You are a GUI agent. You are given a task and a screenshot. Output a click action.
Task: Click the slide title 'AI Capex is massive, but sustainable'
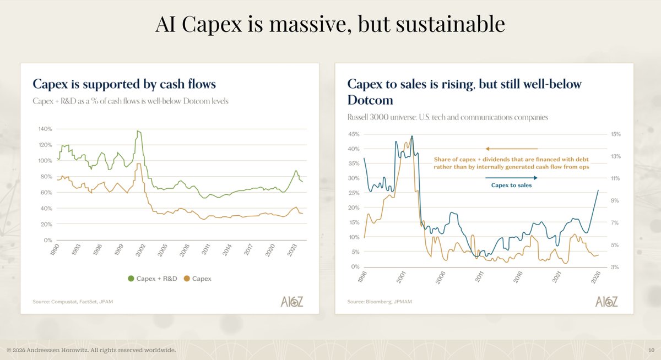[x=330, y=24]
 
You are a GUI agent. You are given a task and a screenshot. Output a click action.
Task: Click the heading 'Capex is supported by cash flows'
[x=124, y=84]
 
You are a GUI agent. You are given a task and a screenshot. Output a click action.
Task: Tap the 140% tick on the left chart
[x=45, y=129]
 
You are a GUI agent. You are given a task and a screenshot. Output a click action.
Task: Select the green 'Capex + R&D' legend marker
[x=131, y=279]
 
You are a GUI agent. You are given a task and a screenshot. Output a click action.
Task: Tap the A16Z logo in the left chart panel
[x=291, y=301]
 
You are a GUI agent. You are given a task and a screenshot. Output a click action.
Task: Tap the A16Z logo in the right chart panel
[x=606, y=301]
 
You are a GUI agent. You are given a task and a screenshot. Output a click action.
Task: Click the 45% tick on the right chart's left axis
[x=353, y=134]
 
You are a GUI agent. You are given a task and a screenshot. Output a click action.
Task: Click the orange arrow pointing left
[x=511, y=149]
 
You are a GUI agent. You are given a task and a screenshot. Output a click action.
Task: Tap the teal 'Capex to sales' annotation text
[x=511, y=186]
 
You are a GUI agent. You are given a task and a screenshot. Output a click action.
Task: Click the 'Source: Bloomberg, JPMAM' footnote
[x=380, y=302]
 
